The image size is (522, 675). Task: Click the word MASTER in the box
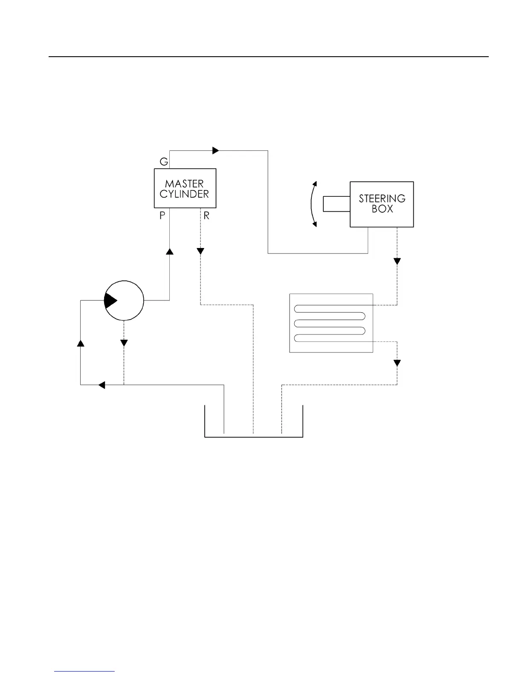184,184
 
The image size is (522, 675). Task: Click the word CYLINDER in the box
184,194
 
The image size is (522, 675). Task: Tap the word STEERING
382,199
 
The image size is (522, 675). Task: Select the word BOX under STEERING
382,209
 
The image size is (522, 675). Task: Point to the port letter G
164,162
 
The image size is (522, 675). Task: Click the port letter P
162,216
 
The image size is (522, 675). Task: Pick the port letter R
206,216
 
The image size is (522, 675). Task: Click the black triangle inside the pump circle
110,301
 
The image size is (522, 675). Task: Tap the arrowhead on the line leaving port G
215,150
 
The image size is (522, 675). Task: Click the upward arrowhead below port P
169,251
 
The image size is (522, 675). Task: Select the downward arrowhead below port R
200,251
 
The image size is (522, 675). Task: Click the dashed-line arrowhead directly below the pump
124,343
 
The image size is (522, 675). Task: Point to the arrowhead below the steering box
397,261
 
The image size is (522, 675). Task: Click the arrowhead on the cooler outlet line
397,363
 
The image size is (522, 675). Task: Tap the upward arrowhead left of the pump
80,343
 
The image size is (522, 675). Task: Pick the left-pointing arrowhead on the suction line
101,385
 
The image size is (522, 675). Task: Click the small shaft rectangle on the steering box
336,204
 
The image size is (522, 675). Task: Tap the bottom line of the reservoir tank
254,437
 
